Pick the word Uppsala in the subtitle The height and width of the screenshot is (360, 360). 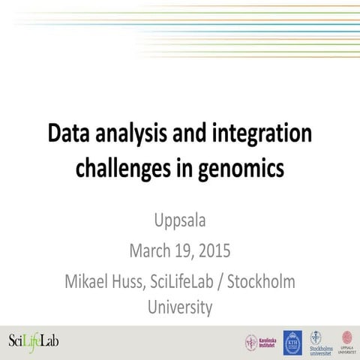tap(180, 222)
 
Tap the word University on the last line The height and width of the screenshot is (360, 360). tap(180, 307)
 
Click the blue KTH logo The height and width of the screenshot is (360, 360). tap(292, 342)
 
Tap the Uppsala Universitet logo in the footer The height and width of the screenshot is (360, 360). tap(346, 341)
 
